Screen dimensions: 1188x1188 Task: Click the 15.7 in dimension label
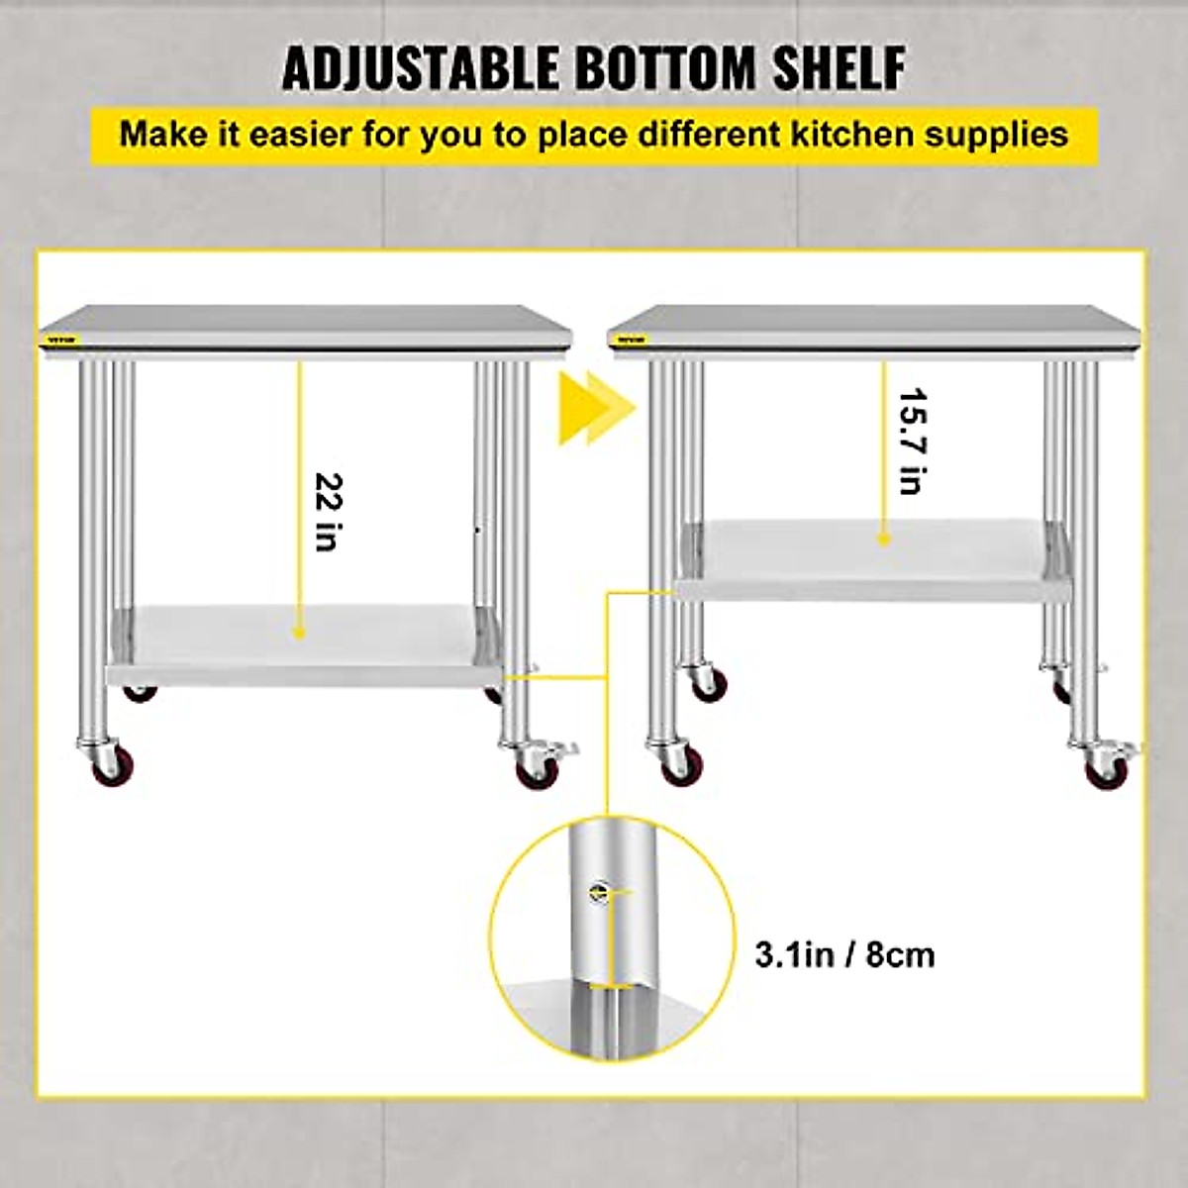point(913,442)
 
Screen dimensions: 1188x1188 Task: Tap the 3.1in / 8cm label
point(844,954)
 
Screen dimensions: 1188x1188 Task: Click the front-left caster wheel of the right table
point(678,764)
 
